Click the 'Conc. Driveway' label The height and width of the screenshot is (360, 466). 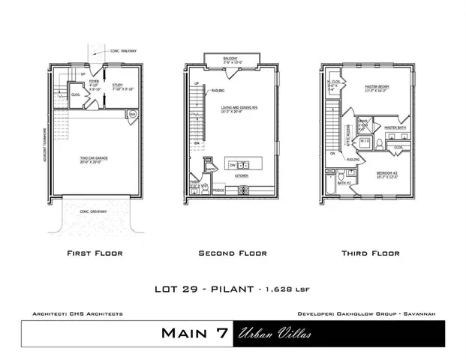pyautogui.click(x=94, y=211)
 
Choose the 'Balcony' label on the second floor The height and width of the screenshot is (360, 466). pyautogui.click(x=232, y=58)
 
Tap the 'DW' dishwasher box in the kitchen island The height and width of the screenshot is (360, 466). pyautogui.click(x=233, y=163)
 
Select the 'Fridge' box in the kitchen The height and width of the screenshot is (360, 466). pyautogui.click(x=220, y=190)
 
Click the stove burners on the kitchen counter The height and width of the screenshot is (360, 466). pyautogui.click(x=242, y=190)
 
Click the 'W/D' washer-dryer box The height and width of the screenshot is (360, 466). pyautogui.click(x=365, y=141)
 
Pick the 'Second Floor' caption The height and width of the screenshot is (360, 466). pyautogui.click(x=232, y=253)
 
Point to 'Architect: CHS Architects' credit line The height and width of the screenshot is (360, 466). pyautogui.click(x=78, y=313)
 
